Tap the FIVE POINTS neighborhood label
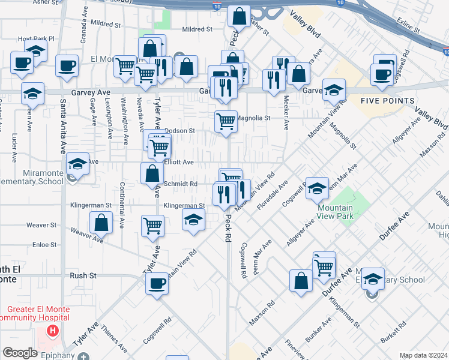pos(388,101)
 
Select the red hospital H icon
pos(53,330)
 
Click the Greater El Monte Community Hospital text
pos(35,313)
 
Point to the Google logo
pos(20,353)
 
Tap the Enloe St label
pos(44,245)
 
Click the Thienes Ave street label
pos(113,340)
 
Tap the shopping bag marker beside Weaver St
pos(101,223)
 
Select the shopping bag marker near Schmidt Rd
pos(152,174)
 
